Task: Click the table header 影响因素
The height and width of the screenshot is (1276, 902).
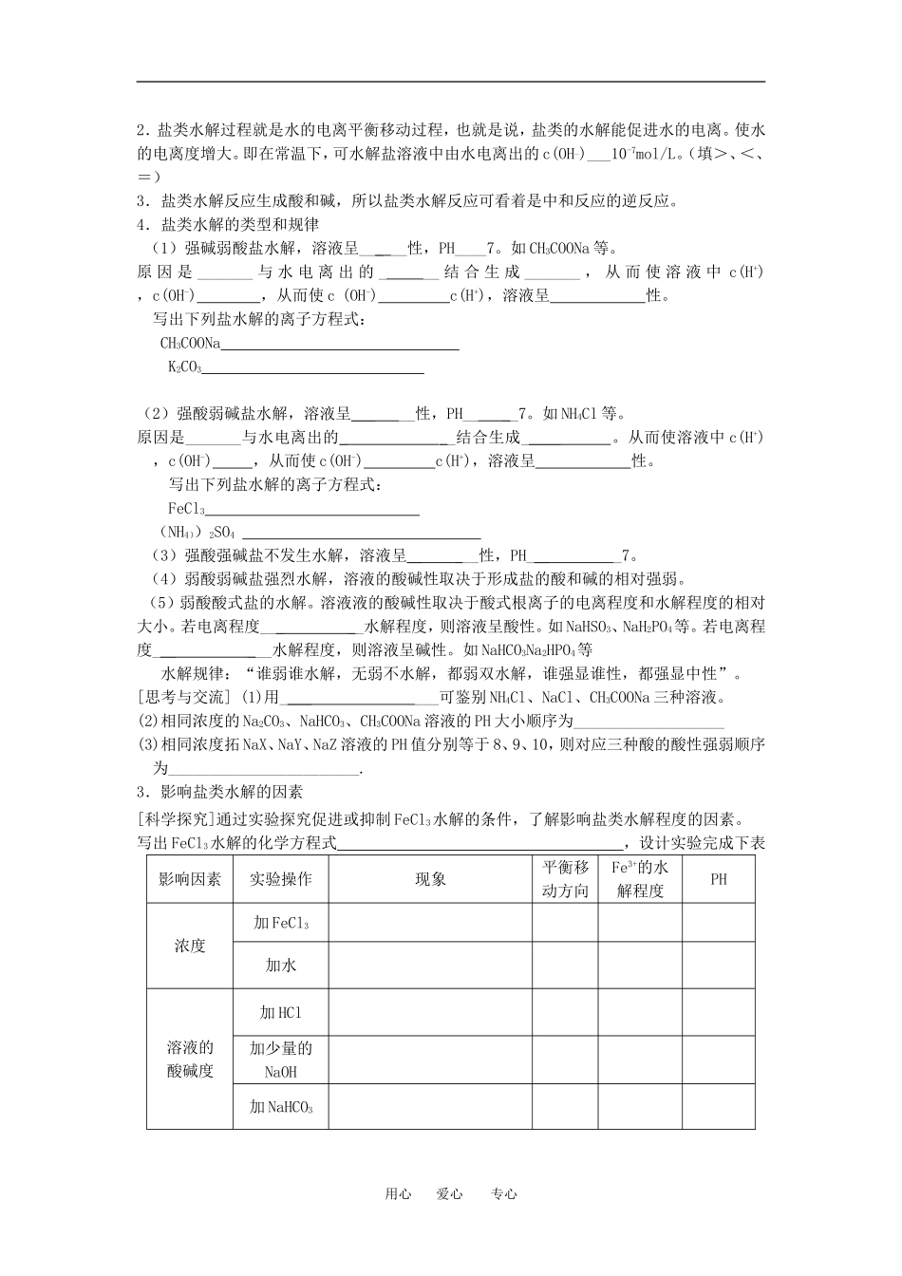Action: pos(190,879)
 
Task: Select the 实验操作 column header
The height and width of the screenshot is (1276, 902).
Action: pos(281,879)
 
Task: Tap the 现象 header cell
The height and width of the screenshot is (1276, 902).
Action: pos(430,879)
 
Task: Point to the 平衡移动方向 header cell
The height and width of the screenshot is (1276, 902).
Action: pos(565,879)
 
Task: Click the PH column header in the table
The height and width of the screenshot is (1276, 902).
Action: pos(719,879)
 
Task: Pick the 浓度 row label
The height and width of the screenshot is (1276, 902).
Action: pos(190,947)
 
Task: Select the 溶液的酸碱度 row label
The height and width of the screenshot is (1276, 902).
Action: pos(190,1060)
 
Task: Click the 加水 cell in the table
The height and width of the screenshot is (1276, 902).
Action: pos(281,966)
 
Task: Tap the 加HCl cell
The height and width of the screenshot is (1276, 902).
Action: pos(281,1013)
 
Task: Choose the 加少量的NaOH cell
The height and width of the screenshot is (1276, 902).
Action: pos(281,1060)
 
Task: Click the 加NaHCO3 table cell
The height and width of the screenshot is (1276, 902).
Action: pos(281,1107)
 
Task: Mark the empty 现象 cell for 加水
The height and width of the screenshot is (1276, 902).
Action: pos(430,966)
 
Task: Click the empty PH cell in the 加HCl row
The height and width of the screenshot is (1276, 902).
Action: pos(719,1013)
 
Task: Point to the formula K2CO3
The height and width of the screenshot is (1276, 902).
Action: pos(185,367)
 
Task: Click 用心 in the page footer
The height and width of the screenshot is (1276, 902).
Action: pos(398,1194)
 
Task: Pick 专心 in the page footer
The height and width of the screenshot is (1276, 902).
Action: pos(504,1194)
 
